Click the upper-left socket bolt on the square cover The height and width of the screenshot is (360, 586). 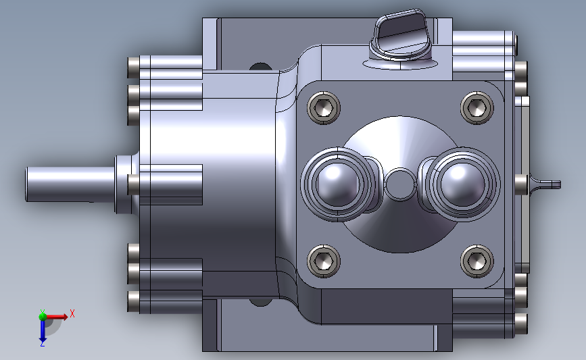coord(324,108)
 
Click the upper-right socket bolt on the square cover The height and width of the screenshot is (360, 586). coord(477,108)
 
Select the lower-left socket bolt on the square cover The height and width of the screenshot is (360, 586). coord(324,261)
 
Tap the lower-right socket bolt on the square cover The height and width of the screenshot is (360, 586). coord(477,261)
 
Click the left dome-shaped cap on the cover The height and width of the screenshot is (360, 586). coord(338,184)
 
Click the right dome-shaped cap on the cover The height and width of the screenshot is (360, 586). coord(463,184)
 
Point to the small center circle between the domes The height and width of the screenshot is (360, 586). coord(400,184)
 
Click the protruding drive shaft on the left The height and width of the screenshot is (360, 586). coord(70,184)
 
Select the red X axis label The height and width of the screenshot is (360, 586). coord(72,313)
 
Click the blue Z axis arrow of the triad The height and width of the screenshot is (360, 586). coord(42,331)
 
